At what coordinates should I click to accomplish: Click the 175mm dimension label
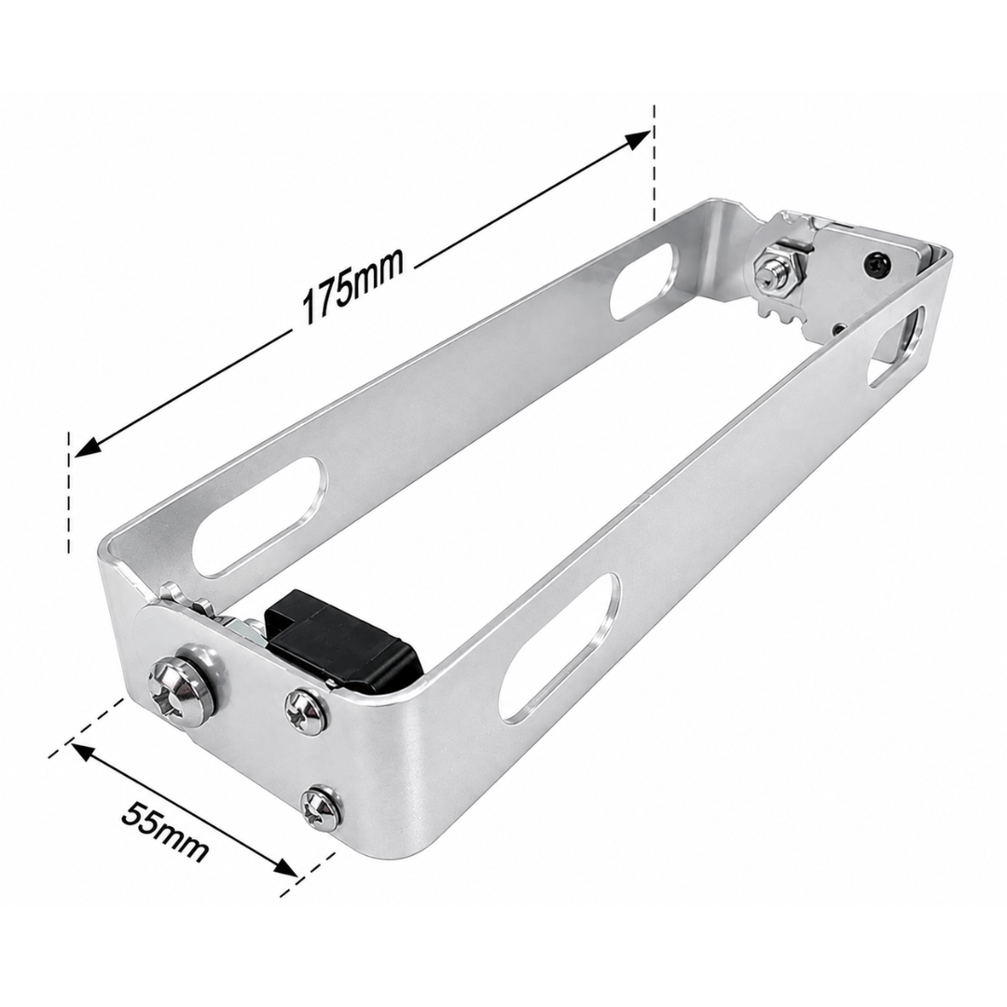(x=353, y=286)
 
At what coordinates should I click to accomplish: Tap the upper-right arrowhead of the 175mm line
(x=638, y=139)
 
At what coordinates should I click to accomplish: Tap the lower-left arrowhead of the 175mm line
(x=86, y=448)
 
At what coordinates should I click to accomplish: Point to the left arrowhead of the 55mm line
(x=82, y=752)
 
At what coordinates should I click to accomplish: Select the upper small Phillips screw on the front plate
(x=307, y=710)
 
